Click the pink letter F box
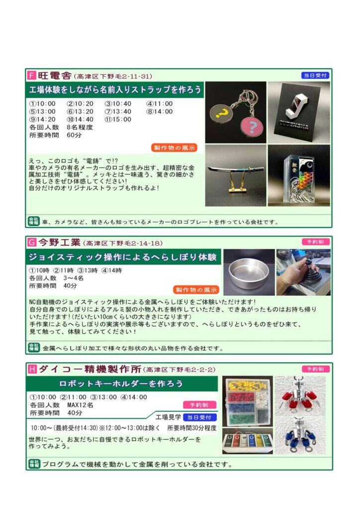(32, 76)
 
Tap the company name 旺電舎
(55, 76)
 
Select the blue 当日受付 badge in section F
(315, 76)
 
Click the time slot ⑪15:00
(118, 119)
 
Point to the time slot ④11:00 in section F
(160, 104)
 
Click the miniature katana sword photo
(236, 175)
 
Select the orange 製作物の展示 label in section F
(174, 148)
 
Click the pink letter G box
(32, 242)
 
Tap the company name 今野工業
(59, 242)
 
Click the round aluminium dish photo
(249, 272)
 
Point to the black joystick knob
(309, 262)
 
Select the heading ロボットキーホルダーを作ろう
(121, 384)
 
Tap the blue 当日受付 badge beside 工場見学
(199, 418)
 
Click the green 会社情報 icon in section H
(34, 464)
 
